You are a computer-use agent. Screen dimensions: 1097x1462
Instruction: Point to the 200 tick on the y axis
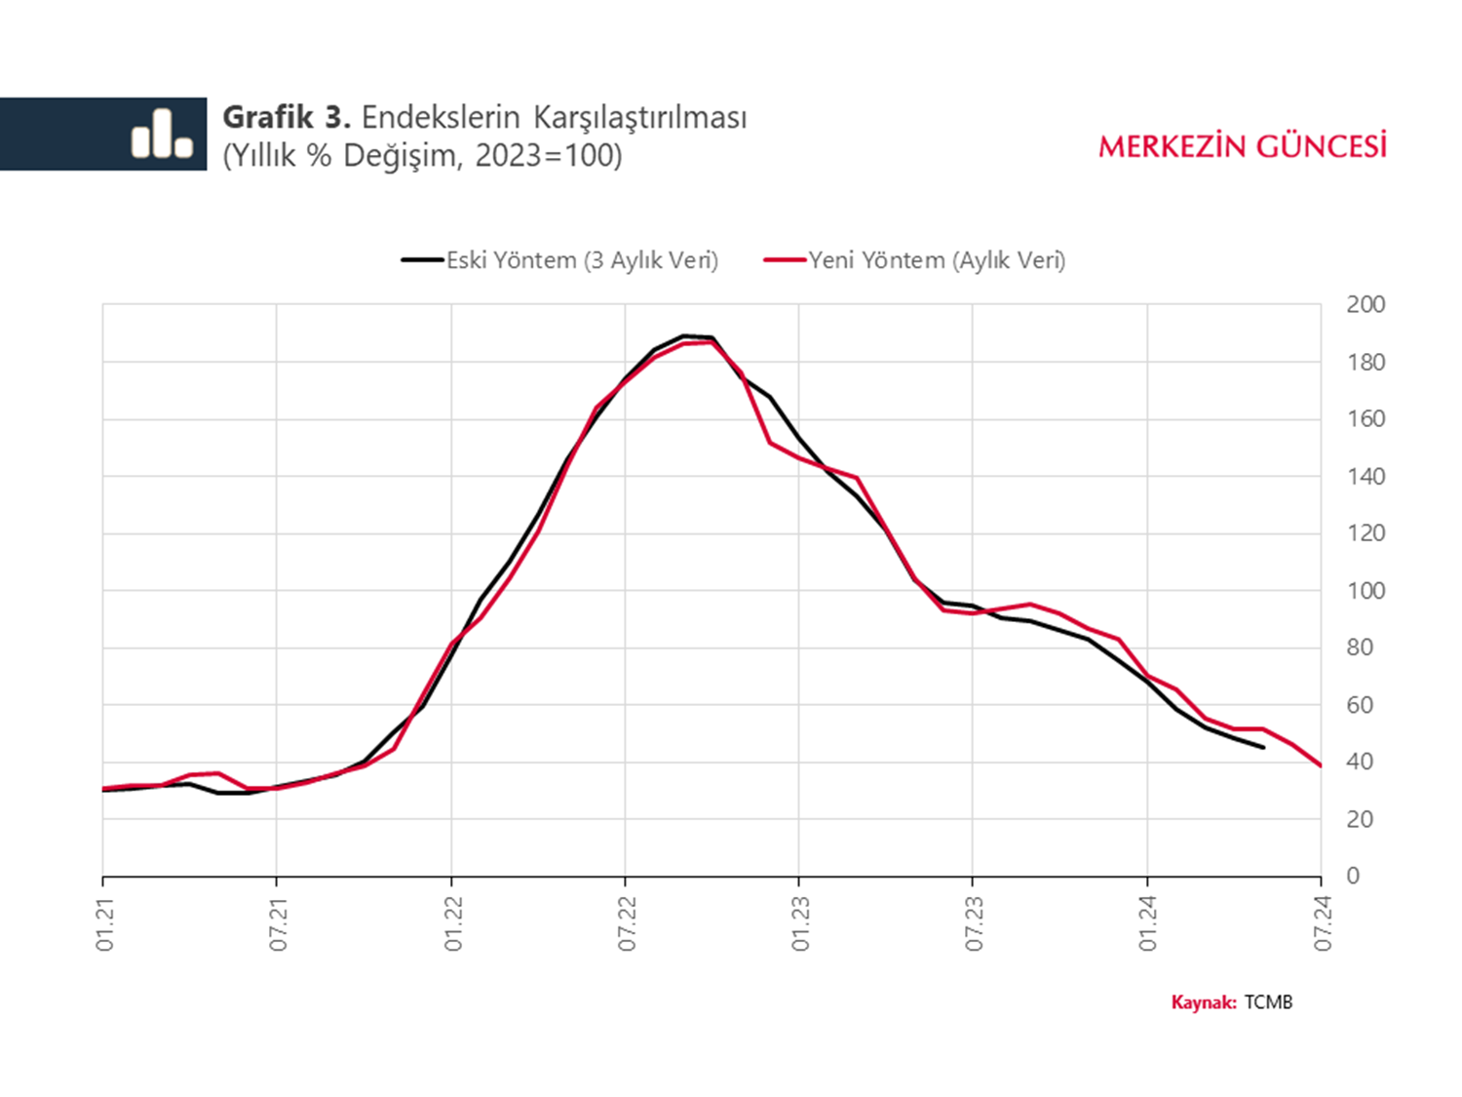point(1366,305)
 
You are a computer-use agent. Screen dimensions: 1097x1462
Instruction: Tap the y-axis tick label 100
point(1366,591)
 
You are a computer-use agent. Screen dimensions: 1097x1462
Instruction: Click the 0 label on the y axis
point(1353,876)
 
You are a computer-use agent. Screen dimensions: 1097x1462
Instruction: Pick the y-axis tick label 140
point(1366,477)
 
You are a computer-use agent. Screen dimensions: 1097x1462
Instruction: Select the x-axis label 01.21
point(105,924)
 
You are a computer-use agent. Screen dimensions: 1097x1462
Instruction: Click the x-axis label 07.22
point(627,924)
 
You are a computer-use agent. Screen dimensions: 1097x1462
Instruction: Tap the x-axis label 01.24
point(1148,924)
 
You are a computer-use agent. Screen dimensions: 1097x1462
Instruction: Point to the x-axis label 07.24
point(1323,924)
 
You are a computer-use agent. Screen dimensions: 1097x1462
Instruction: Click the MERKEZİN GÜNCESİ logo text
point(1243,147)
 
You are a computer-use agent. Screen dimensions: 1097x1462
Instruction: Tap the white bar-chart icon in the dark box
point(162,134)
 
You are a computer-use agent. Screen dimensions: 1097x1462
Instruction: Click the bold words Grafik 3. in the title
point(287,118)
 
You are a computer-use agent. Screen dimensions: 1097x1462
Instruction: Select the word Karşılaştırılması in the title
point(639,118)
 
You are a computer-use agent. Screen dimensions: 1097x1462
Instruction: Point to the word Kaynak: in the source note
point(1204,1002)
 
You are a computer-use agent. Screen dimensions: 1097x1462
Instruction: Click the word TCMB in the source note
point(1268,1002)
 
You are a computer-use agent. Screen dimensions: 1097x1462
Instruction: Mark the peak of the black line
point(684,335)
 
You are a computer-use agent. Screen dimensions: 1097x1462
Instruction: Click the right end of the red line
point(1321,765)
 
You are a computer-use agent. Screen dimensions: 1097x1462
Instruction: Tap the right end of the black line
point(1263,748)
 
